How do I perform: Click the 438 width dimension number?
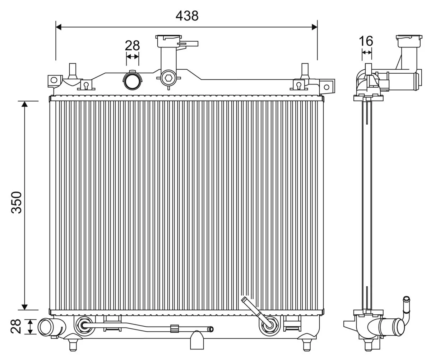click(187, 16)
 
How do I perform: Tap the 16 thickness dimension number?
click(366, 41)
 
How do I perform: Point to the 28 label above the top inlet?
click(132, 45)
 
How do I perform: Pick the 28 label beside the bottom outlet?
click(16, 326)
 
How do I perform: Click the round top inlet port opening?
click(133, 80)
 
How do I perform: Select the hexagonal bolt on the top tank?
click(168, 78)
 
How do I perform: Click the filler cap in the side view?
click(409, 41)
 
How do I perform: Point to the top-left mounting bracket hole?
click(54, 80)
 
